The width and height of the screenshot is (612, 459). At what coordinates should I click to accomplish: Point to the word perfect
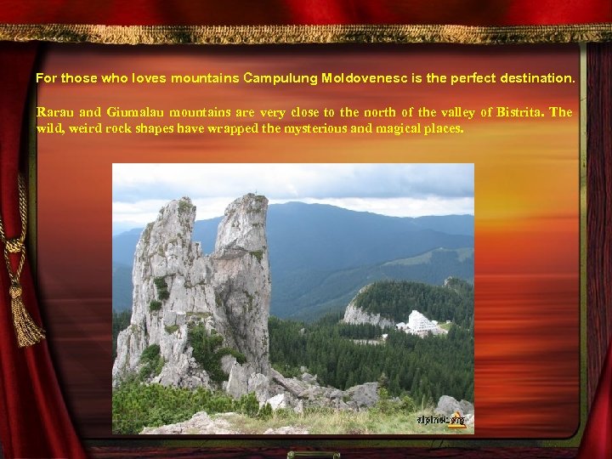click(468, 78)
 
